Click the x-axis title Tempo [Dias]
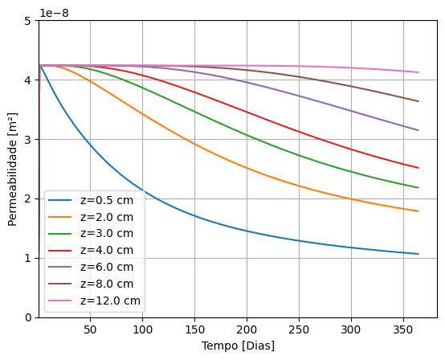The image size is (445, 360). (x=238, y=346)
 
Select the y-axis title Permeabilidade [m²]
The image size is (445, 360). (x=13, y=169)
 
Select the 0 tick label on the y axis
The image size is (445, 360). (x=28, y=317)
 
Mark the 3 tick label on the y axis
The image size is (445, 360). (x=28, y=140)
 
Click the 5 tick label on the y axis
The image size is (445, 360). (x=28, y=21)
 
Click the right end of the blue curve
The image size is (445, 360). (x=418, y=254)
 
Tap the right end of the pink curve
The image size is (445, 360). (x=418, y=72)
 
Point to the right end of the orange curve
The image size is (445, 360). (x=418, y=211)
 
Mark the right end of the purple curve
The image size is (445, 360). (x=418, y=130)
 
